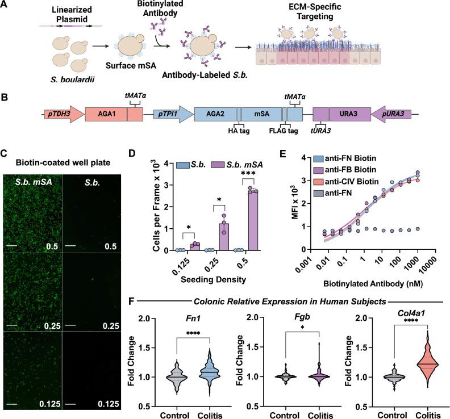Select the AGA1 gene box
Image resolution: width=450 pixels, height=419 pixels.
(106, 106)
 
